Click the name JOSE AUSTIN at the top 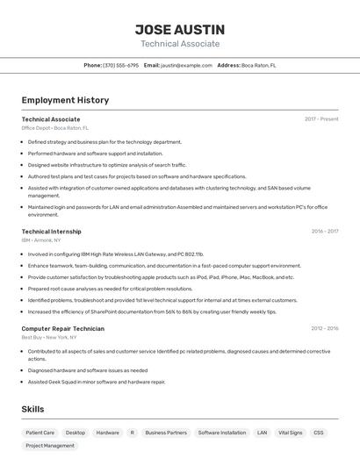[x=180, y=29]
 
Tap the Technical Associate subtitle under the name [x=180, y=44]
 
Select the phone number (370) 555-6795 [x=120, y=65]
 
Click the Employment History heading [x=65, y=100]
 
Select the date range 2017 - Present [x=321, y=118]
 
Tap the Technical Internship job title [x=51, y=232]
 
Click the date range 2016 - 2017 [x=324, y=232]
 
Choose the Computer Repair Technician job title [x=62, y=328]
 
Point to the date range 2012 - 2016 [x=324, y=328]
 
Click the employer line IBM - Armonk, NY [x=41, y=240]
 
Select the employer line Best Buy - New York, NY [x=48, y=337]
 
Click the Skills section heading [x=33, y=409]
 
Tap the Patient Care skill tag [x=40, y=433]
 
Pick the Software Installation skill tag [x=221, y=433]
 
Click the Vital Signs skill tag [x=290, y=433]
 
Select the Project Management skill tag [x=50, y=446]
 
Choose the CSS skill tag [x=319, y=433]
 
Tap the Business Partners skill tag [x=166, y=433]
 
